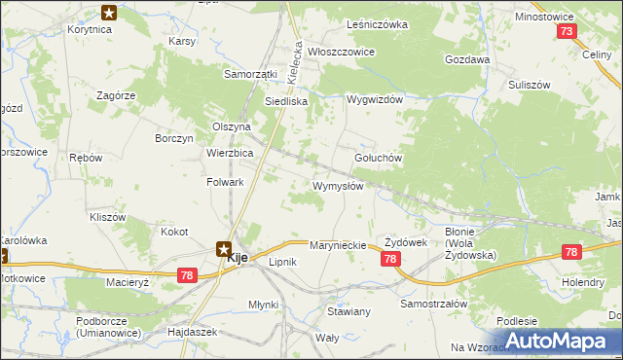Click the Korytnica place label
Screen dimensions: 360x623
coord(90,30)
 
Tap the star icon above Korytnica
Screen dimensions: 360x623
coord(109,13)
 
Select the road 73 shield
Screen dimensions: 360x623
coord(567,31)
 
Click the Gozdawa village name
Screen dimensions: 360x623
coord(466,59)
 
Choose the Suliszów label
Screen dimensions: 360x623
coord(531,85)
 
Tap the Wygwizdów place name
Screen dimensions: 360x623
coord(375,99)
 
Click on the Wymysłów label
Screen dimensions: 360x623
coord(338,186)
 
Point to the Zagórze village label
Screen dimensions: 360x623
coord(115,95)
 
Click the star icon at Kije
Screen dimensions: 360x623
coord(224,248)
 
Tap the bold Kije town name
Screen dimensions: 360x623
coord(237,261)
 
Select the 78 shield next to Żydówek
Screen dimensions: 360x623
coord(390,259)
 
